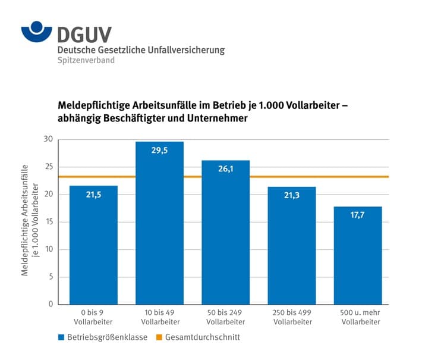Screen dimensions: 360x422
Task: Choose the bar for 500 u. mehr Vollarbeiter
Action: (x=358, y=255)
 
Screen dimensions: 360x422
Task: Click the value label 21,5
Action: (x=93, y=195)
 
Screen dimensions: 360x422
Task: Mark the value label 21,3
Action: (x=292, y=196)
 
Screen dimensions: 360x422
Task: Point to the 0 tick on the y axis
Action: (x=50, y=304)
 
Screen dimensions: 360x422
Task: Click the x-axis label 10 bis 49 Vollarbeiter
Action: (x=159, y=318)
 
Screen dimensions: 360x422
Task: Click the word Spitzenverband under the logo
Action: (x=86, y=61)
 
